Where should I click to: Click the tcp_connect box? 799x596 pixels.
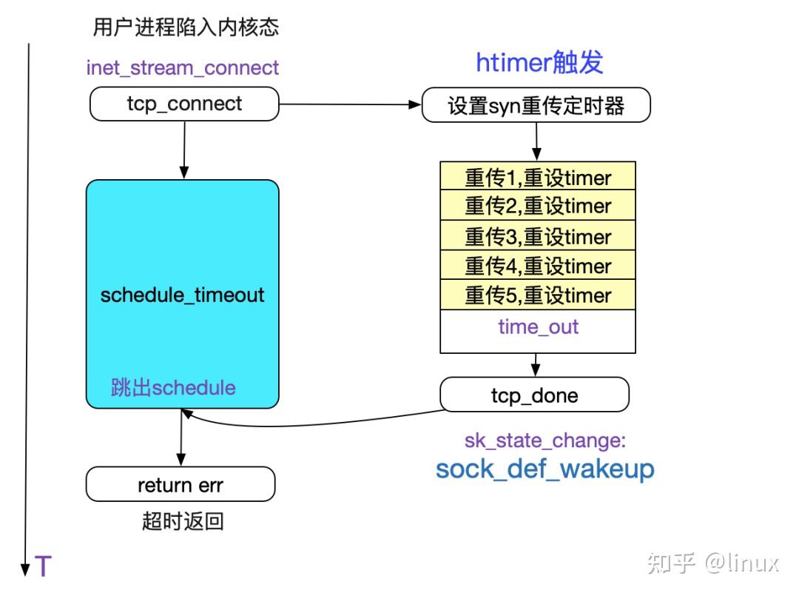[x=183, y=104]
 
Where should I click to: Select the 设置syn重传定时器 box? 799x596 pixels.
[x=536, y=105]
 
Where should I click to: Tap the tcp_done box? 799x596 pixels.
[x=534, y=395]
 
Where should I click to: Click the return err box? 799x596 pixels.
[x=181, y=486]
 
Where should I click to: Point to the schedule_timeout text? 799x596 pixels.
[x=182, y=295]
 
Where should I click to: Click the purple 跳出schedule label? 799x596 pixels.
[x=173, y=387]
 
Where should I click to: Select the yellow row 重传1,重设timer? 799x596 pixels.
[x=538, y=177]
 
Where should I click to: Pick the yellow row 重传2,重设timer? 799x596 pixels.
[x=538, y=206]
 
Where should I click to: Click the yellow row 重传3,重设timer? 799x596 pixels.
[x=538, y=236]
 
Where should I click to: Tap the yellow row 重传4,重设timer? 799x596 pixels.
[x=538, y=266]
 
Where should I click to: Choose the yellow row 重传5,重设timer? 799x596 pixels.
[x=538, y=295]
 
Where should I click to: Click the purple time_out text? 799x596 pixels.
[x=538, y=327]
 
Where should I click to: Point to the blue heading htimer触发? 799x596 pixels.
[x=539, y=63]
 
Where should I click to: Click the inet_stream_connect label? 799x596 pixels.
[x=183, y=67]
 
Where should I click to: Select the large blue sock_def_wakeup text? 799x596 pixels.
[x=545, y=469]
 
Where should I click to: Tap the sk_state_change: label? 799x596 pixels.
[x=545, y=441]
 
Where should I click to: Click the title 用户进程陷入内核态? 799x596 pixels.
[x=186, y=28]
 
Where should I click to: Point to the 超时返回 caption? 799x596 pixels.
[x=182, y=521]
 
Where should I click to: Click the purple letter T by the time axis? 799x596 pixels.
[x=44, y=567]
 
